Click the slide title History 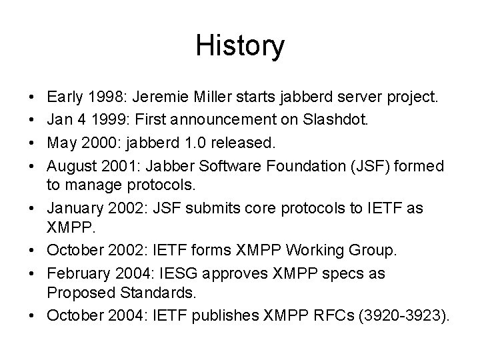tap(240, 46)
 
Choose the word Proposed tap(77, 292)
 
